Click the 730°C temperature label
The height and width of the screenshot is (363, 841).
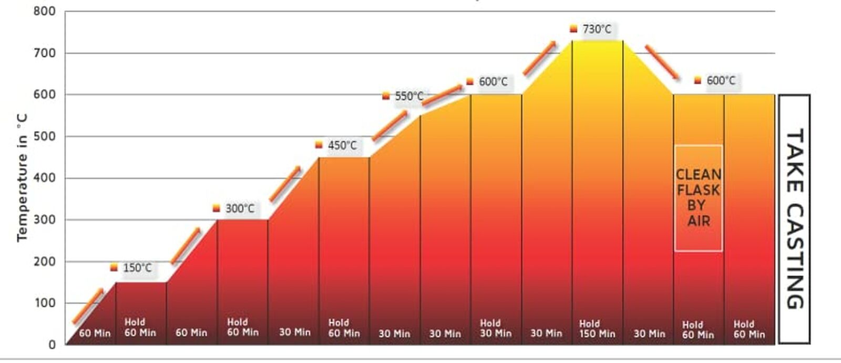point(597,29)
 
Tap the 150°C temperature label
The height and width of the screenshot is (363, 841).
point(137,268)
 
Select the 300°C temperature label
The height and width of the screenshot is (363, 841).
point(240,208)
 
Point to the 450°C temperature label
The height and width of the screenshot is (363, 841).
point(342,145)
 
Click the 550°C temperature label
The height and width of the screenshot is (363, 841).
point(409,96)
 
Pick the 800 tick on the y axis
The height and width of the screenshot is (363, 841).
point(44,11)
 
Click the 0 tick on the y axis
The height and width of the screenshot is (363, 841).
point(52,345)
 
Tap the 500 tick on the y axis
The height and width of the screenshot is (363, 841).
point(44,136)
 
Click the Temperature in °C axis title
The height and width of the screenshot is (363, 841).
point(22,177)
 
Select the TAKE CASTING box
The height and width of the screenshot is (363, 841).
point(794,219)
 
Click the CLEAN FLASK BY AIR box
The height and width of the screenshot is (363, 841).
point(699,198)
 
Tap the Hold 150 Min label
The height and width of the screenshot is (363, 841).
point(597,329)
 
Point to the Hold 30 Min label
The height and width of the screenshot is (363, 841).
point(495,328)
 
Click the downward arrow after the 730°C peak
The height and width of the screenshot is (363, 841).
point(661,62)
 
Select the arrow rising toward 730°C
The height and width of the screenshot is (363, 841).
point(539,58)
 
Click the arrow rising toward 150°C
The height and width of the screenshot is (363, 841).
point(88,306)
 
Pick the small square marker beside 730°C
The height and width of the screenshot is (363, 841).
point(573,29)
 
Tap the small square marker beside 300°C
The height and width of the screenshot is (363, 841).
point(216,208)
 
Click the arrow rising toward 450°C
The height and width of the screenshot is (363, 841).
point(285,184)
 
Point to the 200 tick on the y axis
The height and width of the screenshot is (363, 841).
point(44,261)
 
